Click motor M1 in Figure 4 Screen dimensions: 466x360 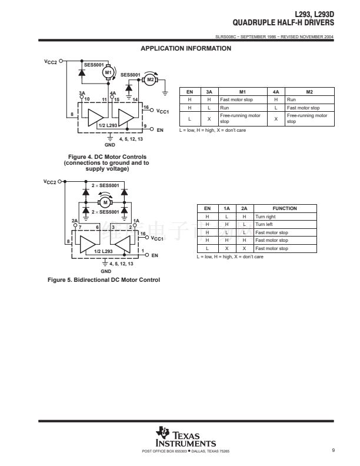pyautogui.click(x=108, y=72)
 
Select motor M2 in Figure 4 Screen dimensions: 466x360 pyautogui.click(x=151, y=79)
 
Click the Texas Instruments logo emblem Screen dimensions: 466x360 pyautogui.click(x=162, y=432)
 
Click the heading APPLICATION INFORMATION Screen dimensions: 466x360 pyautogui.click(x=186, y=48)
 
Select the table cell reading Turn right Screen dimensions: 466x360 pyautogui.click(x=263, y=217)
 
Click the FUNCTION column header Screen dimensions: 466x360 pyautogui.click(x=285, y=208)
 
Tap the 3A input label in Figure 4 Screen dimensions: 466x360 pyautogui.click(x=82, y=94)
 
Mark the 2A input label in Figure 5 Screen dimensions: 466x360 pyautogui.click(x=75, y=221)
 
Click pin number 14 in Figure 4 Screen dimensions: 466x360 pyautogui.click(x=135, y=100)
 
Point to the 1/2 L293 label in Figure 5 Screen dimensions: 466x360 pyautogui.click(x=104, y=251)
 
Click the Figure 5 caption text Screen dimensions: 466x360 pyautogui.click(x=104, y=279)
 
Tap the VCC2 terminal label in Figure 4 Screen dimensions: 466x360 pyautogui.click(x=51, y=61)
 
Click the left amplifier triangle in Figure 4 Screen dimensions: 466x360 pyautogui.click(x=95, y=116)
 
